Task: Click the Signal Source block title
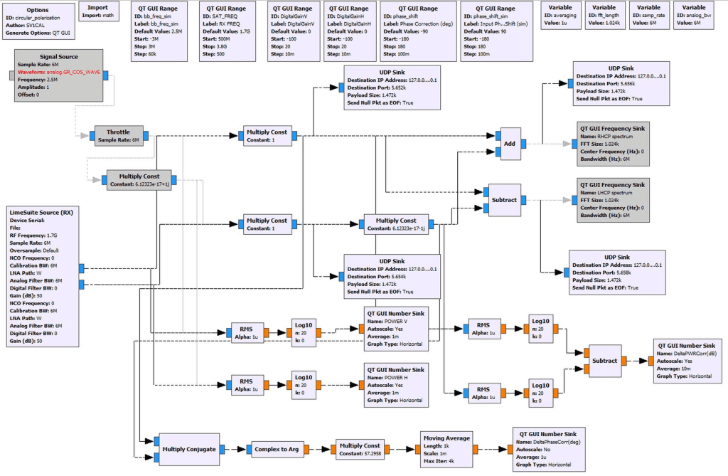59,57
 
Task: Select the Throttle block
118,135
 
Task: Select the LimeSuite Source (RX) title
41,212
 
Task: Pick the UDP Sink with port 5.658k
616,272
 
